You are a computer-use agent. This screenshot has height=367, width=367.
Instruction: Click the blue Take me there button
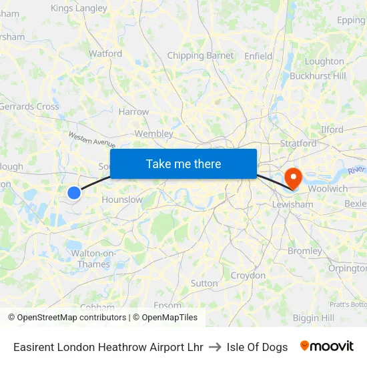[x=183, y=163]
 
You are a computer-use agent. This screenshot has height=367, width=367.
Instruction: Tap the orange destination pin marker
[x=292, y=177]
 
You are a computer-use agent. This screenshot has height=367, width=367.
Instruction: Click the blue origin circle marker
[x=73, y=193]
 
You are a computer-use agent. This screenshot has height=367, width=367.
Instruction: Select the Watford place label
[x=105, y=53]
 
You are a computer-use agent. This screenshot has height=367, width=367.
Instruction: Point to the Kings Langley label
[x=79, y=9]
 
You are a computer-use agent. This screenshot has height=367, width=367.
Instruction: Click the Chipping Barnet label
[x=200, y=56]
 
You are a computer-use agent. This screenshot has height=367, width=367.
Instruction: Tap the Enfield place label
[x=258, y=56]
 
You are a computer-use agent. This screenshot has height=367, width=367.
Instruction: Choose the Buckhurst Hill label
[x=318, y=76]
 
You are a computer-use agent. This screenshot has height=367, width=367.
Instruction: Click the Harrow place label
[x=133, y=112]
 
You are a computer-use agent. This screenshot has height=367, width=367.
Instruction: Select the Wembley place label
[x=154, y=133]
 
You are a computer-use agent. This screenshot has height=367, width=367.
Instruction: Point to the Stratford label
[x=298, y=143]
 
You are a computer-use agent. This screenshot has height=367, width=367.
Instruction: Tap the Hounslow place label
[x=122, y=200]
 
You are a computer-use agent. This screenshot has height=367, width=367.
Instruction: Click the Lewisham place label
[x=292, y=204]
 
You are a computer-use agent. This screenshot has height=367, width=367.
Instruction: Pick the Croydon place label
[x=248, y=276]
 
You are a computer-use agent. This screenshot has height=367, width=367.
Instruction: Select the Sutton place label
[x=204, y=283]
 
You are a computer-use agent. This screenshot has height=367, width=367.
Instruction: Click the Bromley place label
[x=305, y=252]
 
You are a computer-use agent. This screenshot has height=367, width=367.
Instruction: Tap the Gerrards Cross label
[x=29, y=106]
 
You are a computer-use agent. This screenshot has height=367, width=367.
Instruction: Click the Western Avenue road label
[x=92, y=139]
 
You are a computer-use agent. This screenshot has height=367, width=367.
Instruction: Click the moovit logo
[x=327, y=346]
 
